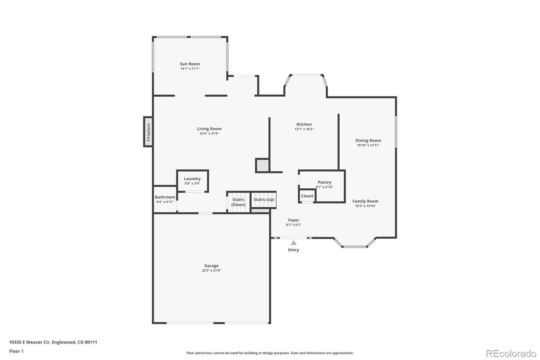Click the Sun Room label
(x=190, y=64)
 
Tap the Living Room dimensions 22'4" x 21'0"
(x=209, y=133)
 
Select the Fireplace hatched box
(x=148, y=132)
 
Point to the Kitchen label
(x=304, y=124)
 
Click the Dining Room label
(x=368, y=140)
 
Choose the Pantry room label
(x=324, y=182)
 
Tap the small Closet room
(x=307, y=196)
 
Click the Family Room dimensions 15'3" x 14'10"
(x=366, y=206)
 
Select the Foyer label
(x=294, y=220)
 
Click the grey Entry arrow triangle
(x=293, y=243)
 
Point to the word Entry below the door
(x=293, y=250)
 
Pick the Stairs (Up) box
(x=264, y=200)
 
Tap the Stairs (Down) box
(x=238, y=202)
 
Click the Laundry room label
(x=192, y=179)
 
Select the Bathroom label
(x=165, y=197)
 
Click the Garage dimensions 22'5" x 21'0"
(x=211, y=271)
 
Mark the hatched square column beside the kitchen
(x=262, y=165)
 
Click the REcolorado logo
(x=511, y=354)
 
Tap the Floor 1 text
(x=17, y=351)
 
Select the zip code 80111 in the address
(x=91, y=342)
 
